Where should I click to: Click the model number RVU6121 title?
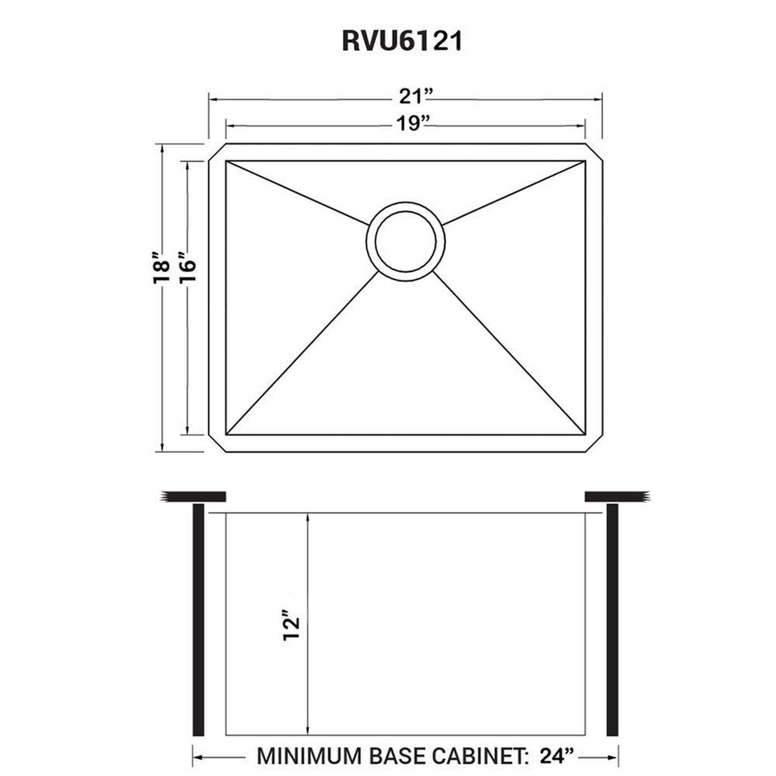click(402, 41)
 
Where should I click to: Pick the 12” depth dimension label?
click(291, 626)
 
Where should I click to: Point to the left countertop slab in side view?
click(193, 497)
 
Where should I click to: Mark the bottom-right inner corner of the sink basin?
click(585, 434)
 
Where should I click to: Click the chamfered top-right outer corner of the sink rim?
click(594, 152)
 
